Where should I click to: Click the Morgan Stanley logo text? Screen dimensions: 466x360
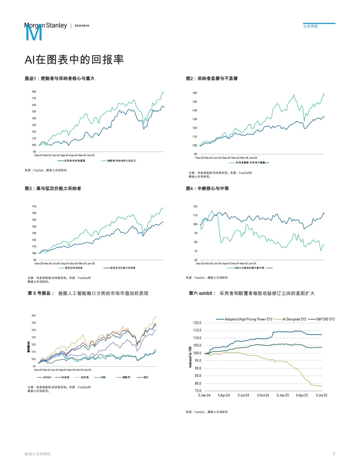(46, 26)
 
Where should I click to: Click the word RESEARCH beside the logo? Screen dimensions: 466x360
(82, 26)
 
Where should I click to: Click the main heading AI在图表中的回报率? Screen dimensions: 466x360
(74, 60)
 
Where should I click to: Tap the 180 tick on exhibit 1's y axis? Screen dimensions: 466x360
(34, 92)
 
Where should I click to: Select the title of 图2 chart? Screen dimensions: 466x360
(212, 79)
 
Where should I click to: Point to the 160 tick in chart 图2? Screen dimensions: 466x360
(195, 93)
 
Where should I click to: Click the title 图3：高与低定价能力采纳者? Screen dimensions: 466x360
(53, 189)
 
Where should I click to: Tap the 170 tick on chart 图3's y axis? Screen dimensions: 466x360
(34, 207)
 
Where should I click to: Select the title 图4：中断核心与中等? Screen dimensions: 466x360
(207, 189)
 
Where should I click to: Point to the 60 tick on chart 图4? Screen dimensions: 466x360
(195, 260)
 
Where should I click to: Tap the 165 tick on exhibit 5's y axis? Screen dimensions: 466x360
(33, 316)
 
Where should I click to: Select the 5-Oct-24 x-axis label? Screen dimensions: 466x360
(263, 395)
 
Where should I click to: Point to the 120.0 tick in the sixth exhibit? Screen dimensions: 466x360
(197, 323)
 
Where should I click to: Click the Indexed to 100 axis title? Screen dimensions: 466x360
(190, 357)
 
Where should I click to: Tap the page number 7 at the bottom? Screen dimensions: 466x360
(334, 454)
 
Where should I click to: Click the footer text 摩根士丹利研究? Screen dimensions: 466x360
(37, 454)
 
